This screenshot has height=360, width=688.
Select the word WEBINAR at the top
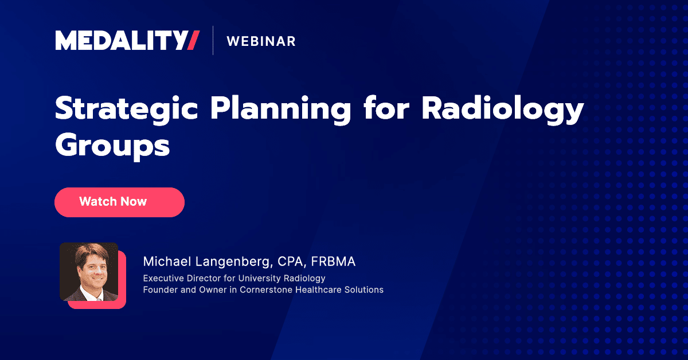point(261,41)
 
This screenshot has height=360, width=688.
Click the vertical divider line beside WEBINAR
point(213,41)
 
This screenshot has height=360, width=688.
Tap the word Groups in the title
point(112,146)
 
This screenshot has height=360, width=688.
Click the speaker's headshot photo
point(89,272)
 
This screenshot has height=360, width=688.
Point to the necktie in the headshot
point(92,295)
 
